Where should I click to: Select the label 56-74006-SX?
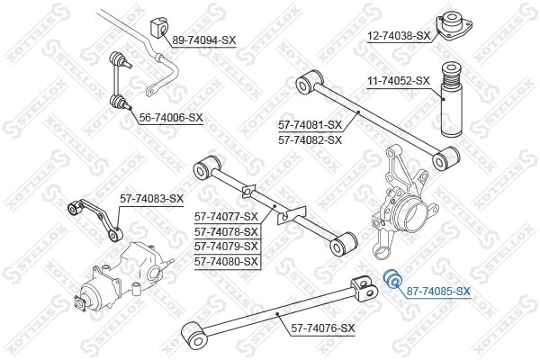click(x=170, y=118)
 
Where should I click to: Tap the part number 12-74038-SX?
click(x=400, y=36)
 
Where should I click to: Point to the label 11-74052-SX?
click(x=399, y=80)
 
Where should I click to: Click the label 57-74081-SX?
click(x=310, y=125)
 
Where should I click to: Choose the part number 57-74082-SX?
click(x=310, y=139)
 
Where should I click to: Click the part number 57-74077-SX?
click(x=227, y=216)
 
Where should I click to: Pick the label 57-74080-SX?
click(x=227, y=262)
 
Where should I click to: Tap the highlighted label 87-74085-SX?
click(x=438, y=291)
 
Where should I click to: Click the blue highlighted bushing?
click(x=391, y=280)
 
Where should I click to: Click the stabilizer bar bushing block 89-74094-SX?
click(x=161, y=28)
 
